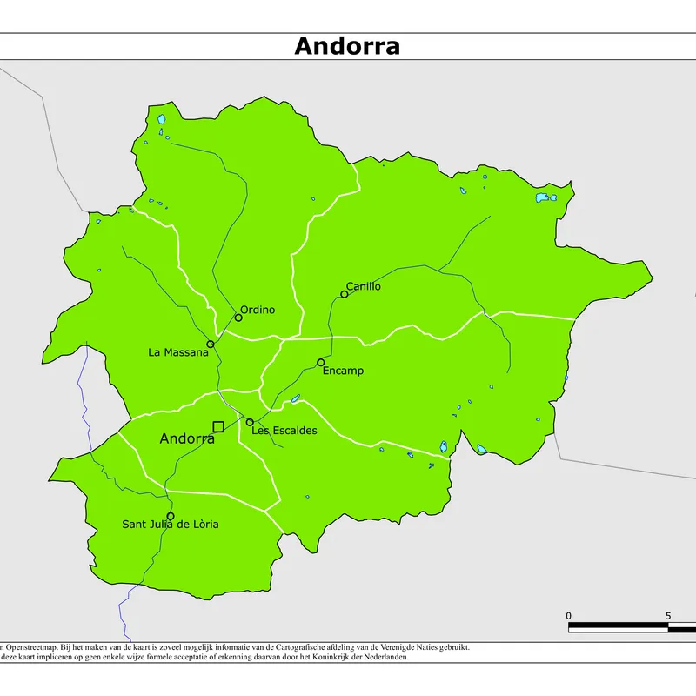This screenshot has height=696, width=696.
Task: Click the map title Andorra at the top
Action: click(347, 46)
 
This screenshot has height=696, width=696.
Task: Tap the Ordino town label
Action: click(258, 310)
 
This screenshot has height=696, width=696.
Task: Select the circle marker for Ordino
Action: click(238, 318)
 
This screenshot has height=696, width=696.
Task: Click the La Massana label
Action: click(178, 352)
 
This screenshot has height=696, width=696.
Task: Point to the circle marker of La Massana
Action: click(211, 345)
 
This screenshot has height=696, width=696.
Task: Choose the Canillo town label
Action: click(363, 286)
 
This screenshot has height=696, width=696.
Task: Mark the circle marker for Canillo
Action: click(345, 294)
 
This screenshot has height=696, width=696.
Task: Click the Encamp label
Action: click(343, 371)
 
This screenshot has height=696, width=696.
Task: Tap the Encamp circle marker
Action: click(321, 363)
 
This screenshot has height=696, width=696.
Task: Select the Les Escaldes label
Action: click(284, 430)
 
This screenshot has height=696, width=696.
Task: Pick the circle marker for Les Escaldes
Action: click(250, 422)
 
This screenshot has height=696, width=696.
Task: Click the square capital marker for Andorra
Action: click(218, 425)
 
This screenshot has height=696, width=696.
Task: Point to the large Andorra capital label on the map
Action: click(187, 439)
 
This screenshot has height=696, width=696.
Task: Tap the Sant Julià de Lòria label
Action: click(171, 524)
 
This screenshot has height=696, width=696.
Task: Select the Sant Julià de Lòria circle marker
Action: click(171, 516)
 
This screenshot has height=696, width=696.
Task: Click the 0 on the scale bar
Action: click(569, 616)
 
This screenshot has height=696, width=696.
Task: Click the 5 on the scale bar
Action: click(668, 616)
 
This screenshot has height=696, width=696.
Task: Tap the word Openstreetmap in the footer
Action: click(34, 647)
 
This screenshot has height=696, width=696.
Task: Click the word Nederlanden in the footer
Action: click(385, 658)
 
